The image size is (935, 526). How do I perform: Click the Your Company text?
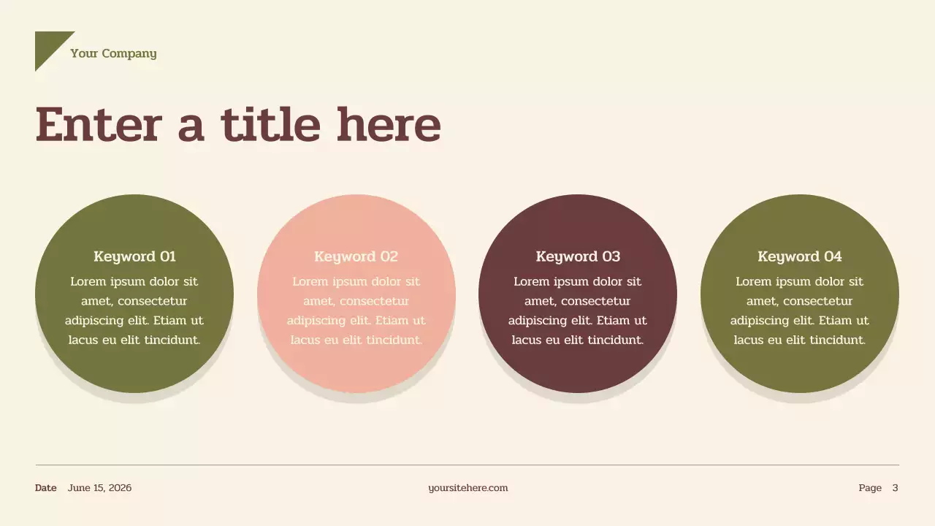tap(113, 53)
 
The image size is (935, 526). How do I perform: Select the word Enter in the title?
tap(98, 125)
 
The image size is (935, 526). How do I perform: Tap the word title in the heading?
tap(270, 125)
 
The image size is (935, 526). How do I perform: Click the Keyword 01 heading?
tap(134, 256)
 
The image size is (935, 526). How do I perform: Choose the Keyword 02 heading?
tap(356, 256)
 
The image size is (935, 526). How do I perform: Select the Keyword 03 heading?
tap(578, 256)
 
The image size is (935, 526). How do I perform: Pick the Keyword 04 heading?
tap(799, 256)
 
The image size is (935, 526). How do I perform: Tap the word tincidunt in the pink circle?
tap(394, 340)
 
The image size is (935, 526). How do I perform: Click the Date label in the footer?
tap(45, 488)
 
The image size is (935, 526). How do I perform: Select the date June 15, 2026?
tap(99, 488)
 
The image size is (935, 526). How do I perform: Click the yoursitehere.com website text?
tap(467, 488)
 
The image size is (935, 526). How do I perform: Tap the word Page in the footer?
tap(870, 488)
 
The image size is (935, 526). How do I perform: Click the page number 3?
tap(895, 488)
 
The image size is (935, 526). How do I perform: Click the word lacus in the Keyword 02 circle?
tap(305, 340)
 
